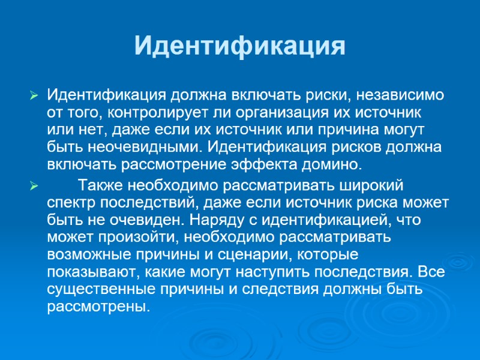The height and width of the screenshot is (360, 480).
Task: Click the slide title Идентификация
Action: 239,47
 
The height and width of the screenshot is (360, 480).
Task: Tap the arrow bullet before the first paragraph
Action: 34,95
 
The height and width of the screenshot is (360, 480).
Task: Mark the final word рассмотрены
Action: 97,307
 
